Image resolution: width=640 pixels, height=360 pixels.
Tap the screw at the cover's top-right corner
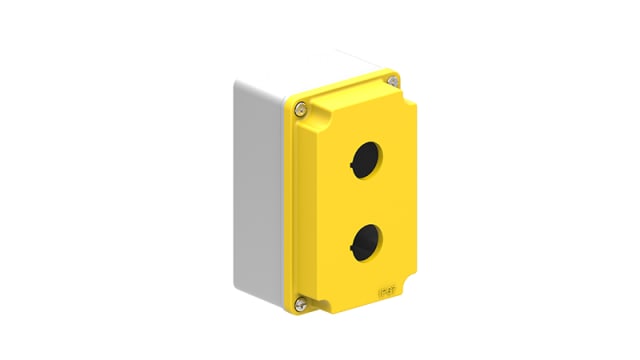click(x=393, y=80)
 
